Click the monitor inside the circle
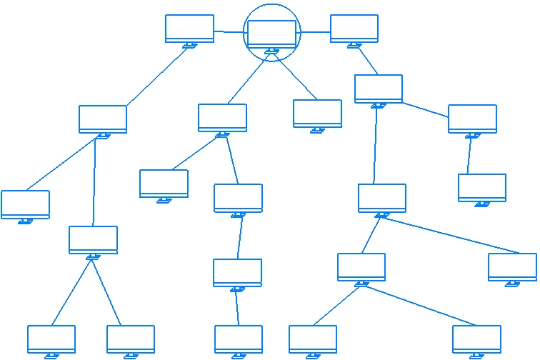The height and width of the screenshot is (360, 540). pyautogui.click(x=271, y=34)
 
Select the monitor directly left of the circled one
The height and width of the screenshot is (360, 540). pyautogui.click(x=189, y=29)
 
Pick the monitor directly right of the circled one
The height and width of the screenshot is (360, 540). pyautogui.click(x=354, y=29)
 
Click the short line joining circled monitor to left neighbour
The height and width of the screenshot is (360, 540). pyautogui.click(x=229, y=31)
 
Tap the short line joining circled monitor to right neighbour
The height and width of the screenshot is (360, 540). pyautogui.click(x=315, y=31)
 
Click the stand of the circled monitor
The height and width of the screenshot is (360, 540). pyautogui.click(x=271, y=51)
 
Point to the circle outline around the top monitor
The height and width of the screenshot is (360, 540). pyautogui.click(x=272, y=4)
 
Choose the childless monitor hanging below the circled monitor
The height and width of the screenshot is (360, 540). pyautogui.click(x=317, y=113)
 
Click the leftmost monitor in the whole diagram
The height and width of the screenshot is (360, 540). pyautogui.click(x=25, y=204)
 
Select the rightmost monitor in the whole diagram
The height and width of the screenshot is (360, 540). pyautogui.click(x=512, y=266)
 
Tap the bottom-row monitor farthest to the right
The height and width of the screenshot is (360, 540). pyautogui.click(x=476, y=339)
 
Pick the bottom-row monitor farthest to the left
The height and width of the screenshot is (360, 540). pyautogui.click(x=51, y=339)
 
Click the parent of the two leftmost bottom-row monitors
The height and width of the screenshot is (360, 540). pyautogui.click(x=93, y=239)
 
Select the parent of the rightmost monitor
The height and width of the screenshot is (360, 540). pyautogui.click(x=382, y=198)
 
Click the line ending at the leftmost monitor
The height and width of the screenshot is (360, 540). pyautogui.click(x=61, y=164)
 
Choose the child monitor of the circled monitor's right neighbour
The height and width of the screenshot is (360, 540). pyautogui.click(x=379, y=89)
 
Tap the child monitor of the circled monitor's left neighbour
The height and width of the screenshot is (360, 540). pyautogui.click(x=103, y=119)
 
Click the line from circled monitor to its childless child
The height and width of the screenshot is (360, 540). pyautogui.click(x=296, y=78)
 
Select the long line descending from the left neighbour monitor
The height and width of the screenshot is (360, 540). pyautogui.click(x=157, y=76)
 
